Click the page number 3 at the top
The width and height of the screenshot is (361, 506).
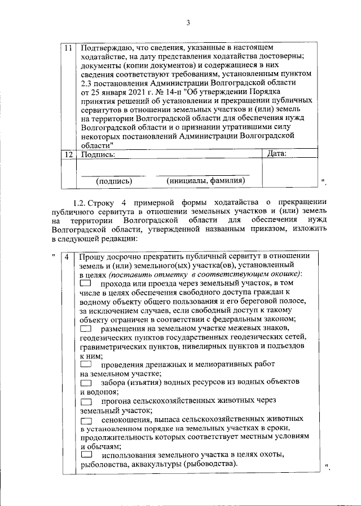point(188,23)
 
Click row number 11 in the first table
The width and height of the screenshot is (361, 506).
point(68,49)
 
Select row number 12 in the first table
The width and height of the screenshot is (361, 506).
point(68,153)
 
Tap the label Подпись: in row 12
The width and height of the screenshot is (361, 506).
point(98,153)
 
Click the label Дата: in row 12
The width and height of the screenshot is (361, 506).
point(276,153)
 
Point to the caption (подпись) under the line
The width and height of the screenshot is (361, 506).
point(114,181)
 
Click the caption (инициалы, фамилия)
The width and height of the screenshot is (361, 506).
point(206,181)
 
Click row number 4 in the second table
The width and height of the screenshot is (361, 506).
point(67,257)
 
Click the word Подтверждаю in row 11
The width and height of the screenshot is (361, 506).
point(107,49)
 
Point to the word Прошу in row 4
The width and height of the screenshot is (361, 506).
point(91,256)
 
